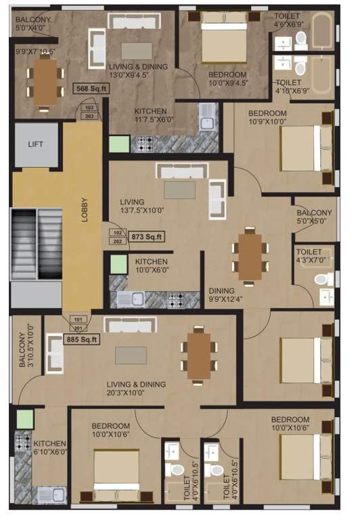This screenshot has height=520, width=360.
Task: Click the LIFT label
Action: click(35, 144)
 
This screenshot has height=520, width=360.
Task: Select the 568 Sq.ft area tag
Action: click(91, 89)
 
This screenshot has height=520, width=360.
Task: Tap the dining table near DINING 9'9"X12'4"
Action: click(250, 256)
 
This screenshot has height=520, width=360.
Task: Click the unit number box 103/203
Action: click(89, 112)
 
